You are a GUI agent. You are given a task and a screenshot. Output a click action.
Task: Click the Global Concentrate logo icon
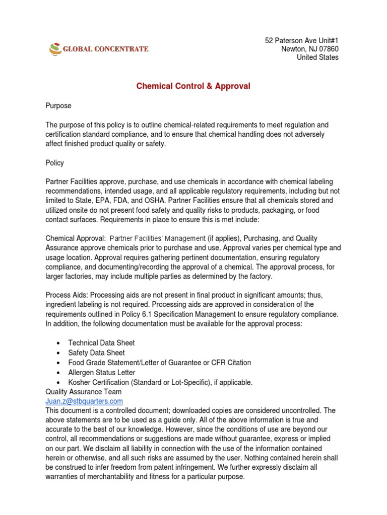[x=54, y=49]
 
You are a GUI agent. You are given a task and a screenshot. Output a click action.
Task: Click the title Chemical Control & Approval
[x=193, y=86]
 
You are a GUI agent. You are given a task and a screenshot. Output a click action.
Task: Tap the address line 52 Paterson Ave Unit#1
[x=302, y=40]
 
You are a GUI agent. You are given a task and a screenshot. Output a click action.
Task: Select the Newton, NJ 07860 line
[x=309, y=49]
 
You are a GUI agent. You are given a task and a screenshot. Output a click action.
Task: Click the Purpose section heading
[x=58, y=106]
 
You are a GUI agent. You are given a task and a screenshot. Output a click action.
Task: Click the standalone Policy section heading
[x=55, y=163]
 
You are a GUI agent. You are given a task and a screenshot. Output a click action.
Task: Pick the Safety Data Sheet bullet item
[x=96, y=353]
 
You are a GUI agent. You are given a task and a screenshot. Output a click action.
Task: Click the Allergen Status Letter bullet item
[x=101, y=372]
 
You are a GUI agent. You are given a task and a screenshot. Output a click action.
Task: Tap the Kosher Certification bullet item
[x=160, y=382]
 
